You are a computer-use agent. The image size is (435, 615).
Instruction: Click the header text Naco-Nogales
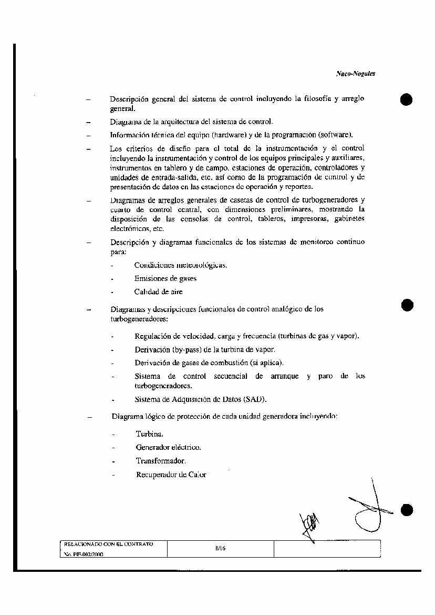pyautogui.click(x=355, y=74)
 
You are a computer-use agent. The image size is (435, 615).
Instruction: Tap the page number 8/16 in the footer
pyautogui.click(x=220, y=548)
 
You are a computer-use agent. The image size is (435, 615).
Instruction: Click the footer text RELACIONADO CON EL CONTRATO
pyautogui.click(x=108, y=543)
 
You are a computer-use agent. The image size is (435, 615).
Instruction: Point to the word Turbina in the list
pyautogui.click(x=150, y=434)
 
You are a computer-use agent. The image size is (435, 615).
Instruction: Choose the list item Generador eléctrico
pyautogui.click(x=168, y=447)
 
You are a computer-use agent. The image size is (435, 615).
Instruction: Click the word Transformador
pyautogui.click(x=161, y=461)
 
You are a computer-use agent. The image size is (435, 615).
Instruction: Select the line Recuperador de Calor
pyautogui.click(x=171, y=475)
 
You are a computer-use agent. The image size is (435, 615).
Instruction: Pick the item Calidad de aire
pyautogui.click(x=158, y=292)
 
